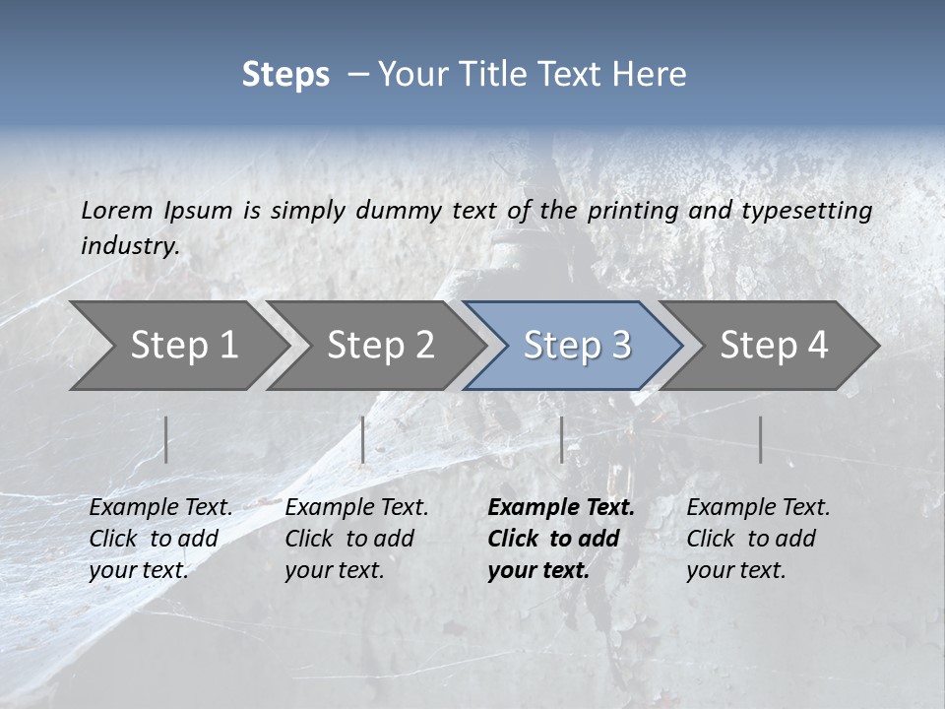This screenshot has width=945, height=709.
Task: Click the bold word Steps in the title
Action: [x=285, y=75]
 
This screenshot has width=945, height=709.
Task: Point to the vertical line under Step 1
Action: [x=166, y=439]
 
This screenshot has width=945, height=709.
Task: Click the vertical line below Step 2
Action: [x=363, y=439]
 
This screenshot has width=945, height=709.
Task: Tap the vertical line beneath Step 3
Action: [x=562, y=439]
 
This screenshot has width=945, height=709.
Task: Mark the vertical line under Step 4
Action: [x=761, y=439]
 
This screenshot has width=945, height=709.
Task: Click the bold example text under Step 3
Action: [x=560, y=539]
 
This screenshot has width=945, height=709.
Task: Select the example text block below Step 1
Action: [x=160, y=539]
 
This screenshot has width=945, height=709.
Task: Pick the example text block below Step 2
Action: [x=356, y=539]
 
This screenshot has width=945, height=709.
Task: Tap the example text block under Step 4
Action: [x=758, y=539]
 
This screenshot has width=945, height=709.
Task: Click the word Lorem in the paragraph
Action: [x=117, y=211]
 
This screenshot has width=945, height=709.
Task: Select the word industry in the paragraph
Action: [x=130, y=246]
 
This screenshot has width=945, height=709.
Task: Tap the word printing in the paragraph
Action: [x=631, y=211]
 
